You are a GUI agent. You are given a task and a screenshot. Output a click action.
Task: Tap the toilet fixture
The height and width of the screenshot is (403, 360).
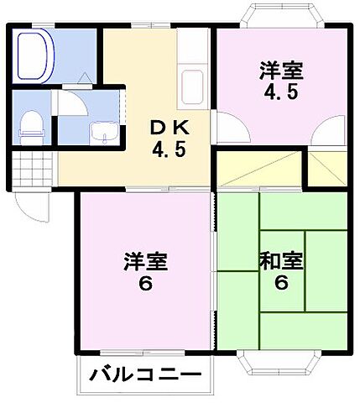coord(30,123)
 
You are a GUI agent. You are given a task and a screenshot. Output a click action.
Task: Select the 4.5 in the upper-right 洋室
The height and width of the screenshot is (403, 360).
coord(280,93)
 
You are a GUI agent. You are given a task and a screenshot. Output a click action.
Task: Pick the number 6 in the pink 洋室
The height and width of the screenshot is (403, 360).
coord(144,284)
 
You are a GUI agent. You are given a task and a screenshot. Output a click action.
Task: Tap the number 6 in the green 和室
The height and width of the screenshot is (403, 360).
coord(280,284)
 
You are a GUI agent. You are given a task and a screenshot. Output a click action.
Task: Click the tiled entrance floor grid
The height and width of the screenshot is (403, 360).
coord(30,173)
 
